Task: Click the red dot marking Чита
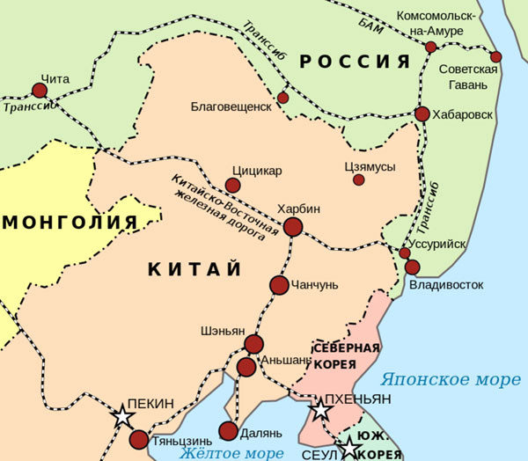pyautogui.click(x=40, y=90)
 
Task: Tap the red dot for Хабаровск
pyautogui.click(x=422, y=113)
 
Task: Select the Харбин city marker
pyautogui.click(x=293, y=227)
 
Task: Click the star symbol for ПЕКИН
pyautogui.click(x=124, y=418)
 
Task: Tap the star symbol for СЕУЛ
pyautogui.click(x=350, y=448)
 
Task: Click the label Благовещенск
pyautogui.click(x=231, y=106)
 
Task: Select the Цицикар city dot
pyautogui.click(x=232, y=185)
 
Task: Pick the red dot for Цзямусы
pyautogui.click(x=358, y=179)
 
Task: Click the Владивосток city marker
pyautogui.click(x=412, y=267)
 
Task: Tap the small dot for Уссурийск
pyautogui.click(x=405, y=253)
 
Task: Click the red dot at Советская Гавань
pyautogui.click(x=496, y=57)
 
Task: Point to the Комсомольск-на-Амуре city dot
pyautogui.click(x=430, y=47)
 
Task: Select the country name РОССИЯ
pyautogui.click(x=355, y=62)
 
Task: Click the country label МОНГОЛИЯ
pyautogui.click(x=70, y=222)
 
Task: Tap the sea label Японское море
pyautogui.click(x=451, y=380)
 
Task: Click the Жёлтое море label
pyautogui.click(x=231, y=453)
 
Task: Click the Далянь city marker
pyautogui.click(x=228, y=431)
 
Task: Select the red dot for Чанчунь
pyautogui.click(x=279, y=285)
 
